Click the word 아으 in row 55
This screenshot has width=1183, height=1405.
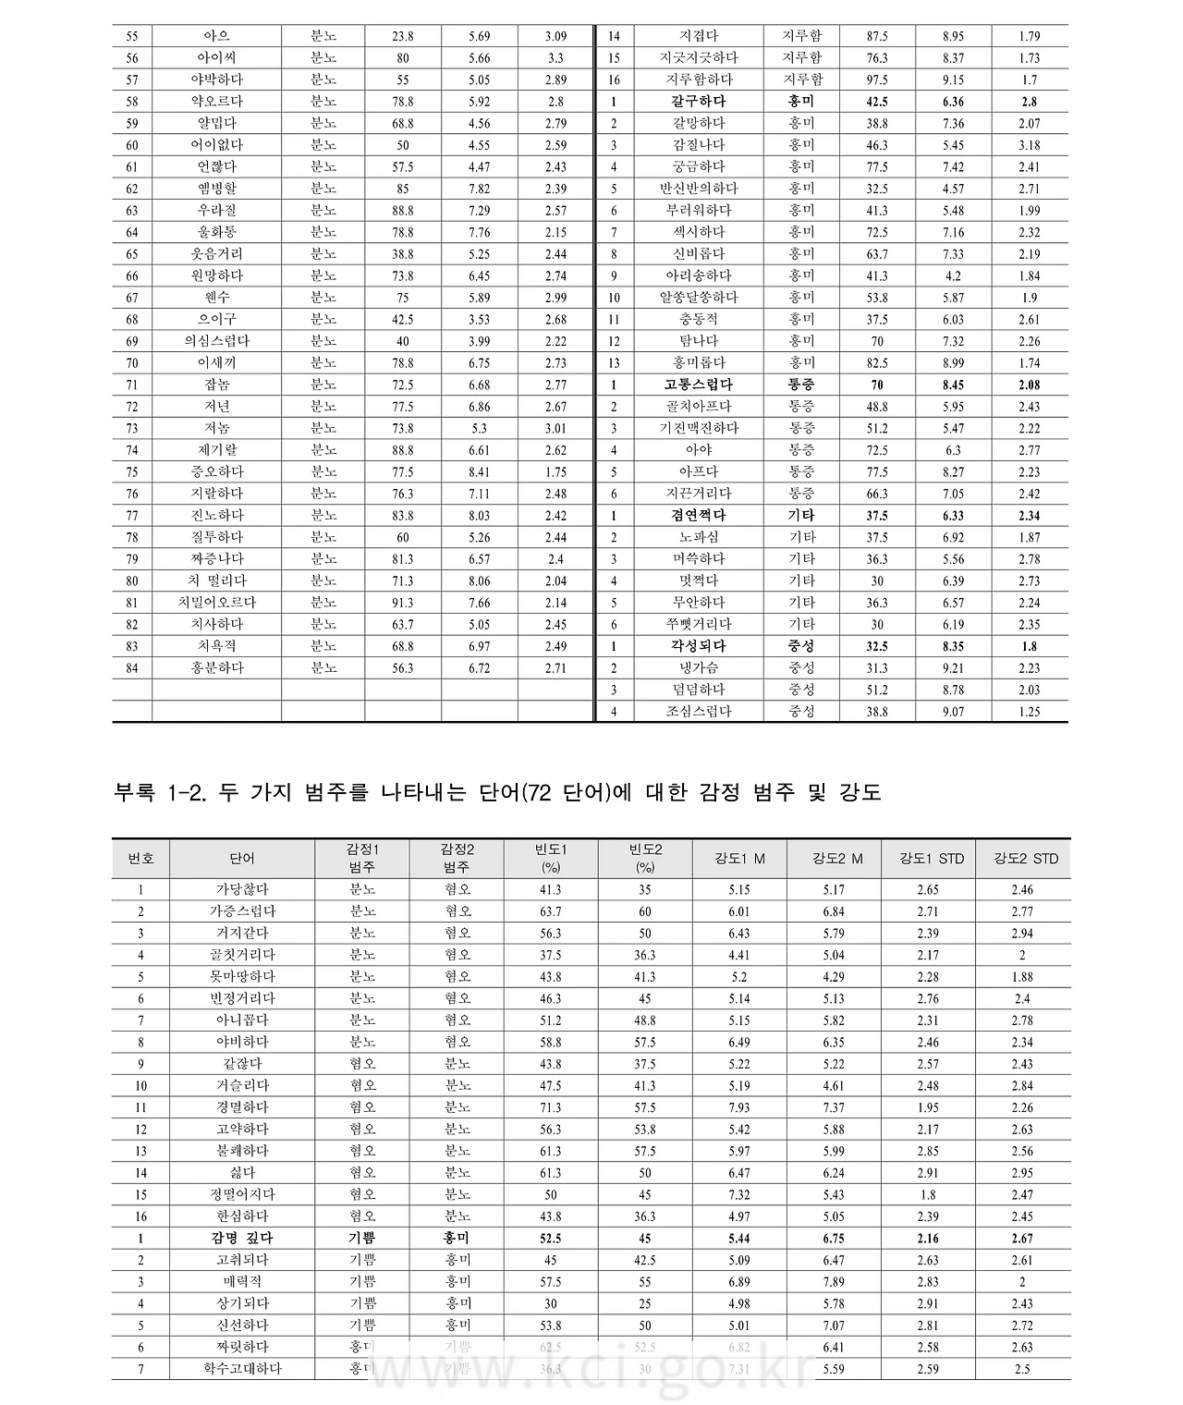pyautogui.click(x=216, y=36)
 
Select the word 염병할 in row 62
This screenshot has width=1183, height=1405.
pyautogui.click(x=216, y=189)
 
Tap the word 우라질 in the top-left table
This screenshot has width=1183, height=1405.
pyautogui.click(x=216, y=211)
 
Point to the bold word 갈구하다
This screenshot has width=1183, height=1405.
pyautogui.click(x=699, y=102)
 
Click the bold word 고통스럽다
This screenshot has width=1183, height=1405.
pyautogui.click(x=699, y=385)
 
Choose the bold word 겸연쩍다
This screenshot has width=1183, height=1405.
pyautogui.click(x=699, y=516)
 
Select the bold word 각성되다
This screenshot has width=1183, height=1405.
pyautogui.click(x=699, y=646)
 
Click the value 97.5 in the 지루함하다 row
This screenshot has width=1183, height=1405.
pyautogui.click(x=877, y=80)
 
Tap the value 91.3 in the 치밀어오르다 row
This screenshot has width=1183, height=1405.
pyautogui.click(x=402, y=603)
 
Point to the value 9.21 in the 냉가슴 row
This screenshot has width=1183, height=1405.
pyautogui.click(x=953, y=668)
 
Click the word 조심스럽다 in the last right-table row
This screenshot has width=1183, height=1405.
pyautogui.click(x=699, y=712)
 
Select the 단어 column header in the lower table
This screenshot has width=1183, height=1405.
pyautogui.click(x=242, y=859)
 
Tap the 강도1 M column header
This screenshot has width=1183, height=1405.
pyautogui.click(x=739, y=859)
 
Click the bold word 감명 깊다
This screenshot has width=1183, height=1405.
pyautogui.click(x=242, y=1239)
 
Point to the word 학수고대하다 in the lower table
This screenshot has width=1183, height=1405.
pyautogui.click(x=242, y=1369)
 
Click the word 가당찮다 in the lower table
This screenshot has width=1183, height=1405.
pyautogui.click(x=242, y=889)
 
